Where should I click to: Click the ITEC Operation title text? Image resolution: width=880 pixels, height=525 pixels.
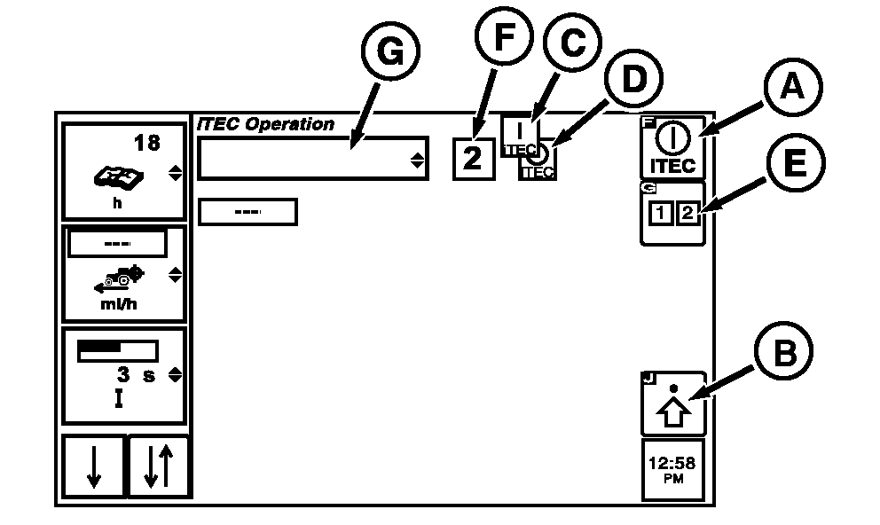pos(265,125)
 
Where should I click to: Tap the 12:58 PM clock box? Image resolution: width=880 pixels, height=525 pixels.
pos(672,469)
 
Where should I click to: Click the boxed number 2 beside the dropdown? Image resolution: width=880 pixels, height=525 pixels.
pos(474,160)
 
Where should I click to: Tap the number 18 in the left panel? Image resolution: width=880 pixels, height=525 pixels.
pos(146,142)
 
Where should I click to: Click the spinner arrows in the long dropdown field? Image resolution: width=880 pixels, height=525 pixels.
pos(416,160)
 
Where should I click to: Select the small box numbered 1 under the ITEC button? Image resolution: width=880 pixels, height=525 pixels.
pos(661,214)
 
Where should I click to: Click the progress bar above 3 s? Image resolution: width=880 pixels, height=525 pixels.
pos(117,350)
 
